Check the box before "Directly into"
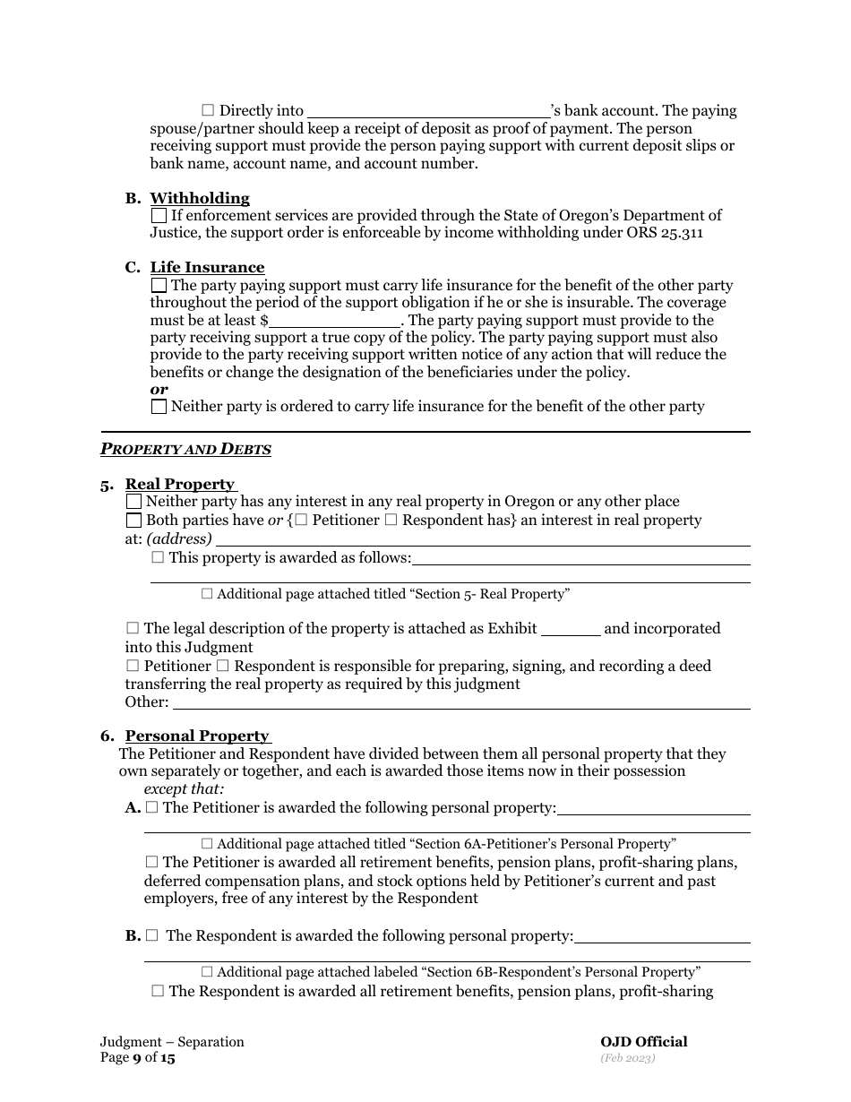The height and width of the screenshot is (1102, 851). (208, 110)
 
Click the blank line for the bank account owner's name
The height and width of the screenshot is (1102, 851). (428, 112)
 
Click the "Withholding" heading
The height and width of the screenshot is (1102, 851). (199, 198)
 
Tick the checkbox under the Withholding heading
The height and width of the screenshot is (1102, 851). (159, 215)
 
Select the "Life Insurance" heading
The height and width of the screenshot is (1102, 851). (207, 267)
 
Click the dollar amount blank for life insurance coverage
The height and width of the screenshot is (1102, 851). (335, 321)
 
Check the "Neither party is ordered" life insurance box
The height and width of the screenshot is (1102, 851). (159, 407)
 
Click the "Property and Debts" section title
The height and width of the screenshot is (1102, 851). (185, 449)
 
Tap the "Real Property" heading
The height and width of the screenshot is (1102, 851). (179, 484)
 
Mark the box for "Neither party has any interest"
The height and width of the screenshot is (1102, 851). (133, 502)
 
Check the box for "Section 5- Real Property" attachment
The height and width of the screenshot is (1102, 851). (207, 593)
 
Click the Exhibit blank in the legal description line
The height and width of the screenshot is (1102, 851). (571, 629)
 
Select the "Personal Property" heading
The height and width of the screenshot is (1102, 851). (196, 736)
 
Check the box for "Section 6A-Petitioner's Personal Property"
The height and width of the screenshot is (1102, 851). (207, 843)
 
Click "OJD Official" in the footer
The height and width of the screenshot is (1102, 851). (643, 1041)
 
